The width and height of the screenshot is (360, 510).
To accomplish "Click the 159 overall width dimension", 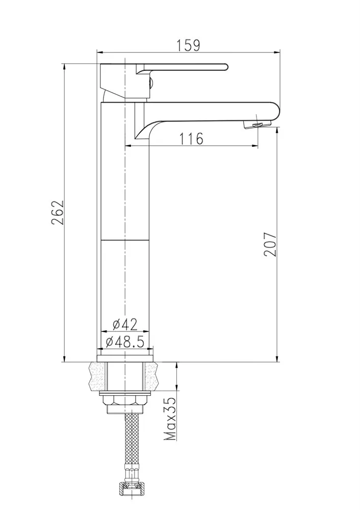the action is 188,45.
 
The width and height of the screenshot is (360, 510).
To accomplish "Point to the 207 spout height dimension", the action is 270,244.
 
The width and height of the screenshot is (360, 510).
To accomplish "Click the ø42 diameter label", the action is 125,324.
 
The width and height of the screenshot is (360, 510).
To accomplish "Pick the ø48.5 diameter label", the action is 125,342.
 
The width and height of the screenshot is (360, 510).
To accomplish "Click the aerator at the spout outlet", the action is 257,124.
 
